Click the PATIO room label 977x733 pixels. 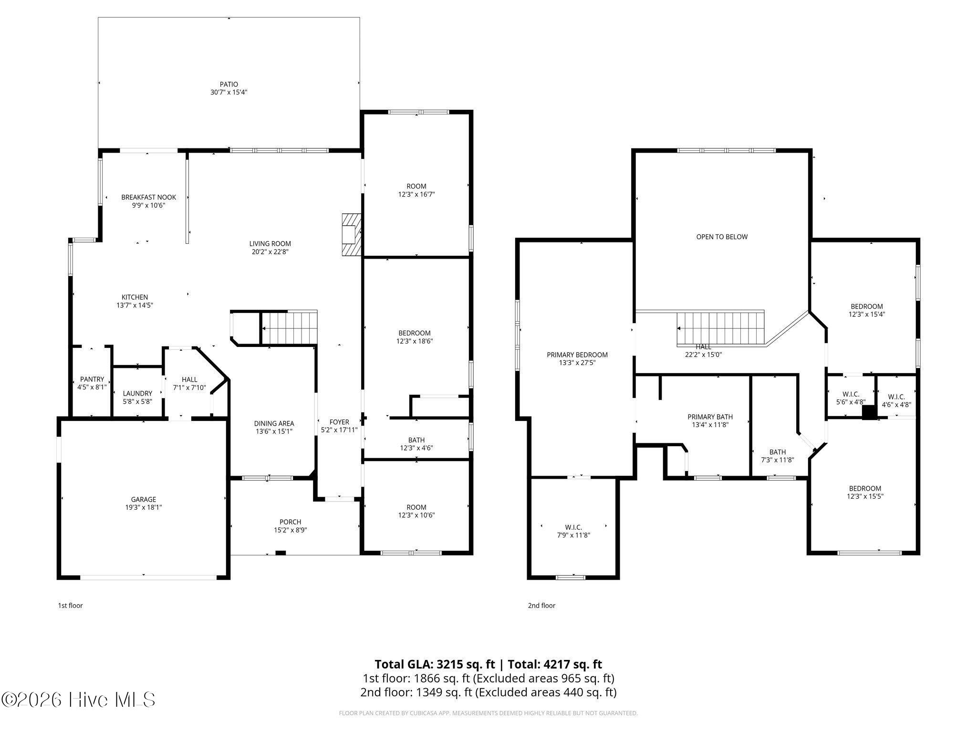229,84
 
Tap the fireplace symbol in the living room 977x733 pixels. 351,235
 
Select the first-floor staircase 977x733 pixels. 290,327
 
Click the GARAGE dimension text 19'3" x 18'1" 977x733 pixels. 144,508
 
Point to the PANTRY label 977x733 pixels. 92,379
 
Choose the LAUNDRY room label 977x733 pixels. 137,394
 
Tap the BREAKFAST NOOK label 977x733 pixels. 148,197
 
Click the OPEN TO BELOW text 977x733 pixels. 722,237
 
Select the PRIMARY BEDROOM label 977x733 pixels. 577,355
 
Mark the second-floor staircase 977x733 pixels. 721,328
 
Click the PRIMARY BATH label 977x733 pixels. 710,417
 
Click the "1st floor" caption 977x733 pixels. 71,606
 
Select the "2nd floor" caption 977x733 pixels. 541,606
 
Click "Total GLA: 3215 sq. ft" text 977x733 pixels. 435,664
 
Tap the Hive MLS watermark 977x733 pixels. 78,700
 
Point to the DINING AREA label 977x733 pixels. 274,424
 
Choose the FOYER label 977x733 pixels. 339,422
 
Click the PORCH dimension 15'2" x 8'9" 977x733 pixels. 291,530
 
